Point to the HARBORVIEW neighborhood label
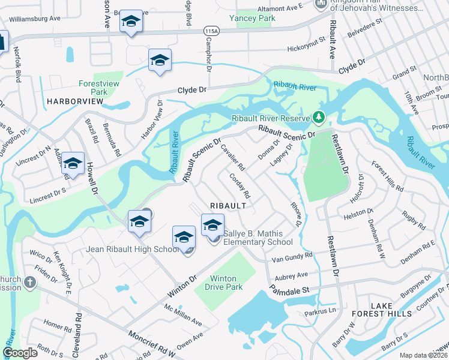coord(73,102)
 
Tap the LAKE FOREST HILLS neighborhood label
coord(391,310)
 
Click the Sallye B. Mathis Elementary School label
coord(258,238)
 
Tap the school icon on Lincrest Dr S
coord(73,163)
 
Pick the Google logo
coord(20,353)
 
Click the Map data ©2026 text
coord(423,355)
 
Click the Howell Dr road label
coord(93,179)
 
